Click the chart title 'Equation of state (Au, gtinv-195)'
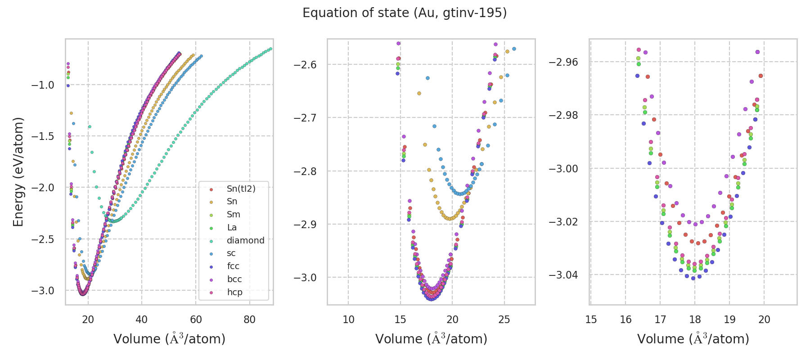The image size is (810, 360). (405, 13)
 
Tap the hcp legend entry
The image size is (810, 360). (234, 292)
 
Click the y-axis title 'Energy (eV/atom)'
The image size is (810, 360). (18, 172)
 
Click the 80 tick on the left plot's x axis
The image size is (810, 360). (249, 320)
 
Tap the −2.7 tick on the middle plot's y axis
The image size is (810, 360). (305, 118)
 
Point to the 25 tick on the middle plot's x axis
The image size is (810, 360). (504, 320)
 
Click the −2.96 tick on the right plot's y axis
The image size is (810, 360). (563, 62)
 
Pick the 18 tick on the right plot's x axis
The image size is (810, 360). (695, 320)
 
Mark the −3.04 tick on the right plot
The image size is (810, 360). (563, 275)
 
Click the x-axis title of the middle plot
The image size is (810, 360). (431, 339)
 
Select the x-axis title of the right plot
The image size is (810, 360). (693, 339)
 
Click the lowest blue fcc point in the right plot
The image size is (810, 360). (693, 278)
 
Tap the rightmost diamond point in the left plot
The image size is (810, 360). (270, 49)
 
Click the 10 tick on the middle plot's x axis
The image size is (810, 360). (348, 320)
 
